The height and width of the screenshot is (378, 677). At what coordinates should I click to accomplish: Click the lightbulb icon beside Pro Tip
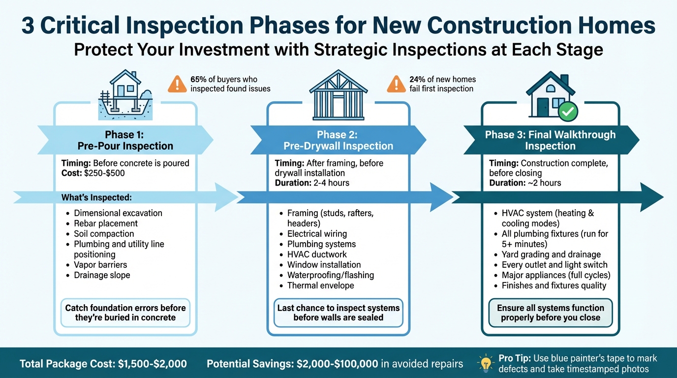[x=486, y=363]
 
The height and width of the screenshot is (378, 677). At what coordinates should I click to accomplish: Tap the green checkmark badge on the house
[x=569, y=112]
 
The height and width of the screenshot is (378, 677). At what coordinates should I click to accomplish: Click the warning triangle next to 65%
[x=177, y=84]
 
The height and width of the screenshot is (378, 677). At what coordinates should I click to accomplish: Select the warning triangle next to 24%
[x=396, y=84]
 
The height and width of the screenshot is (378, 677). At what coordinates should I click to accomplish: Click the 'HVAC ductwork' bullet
[x=317, y=254]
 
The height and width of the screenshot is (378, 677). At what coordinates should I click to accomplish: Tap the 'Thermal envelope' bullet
[x=320, y=285]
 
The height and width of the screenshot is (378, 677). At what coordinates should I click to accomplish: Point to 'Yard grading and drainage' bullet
[x=551, y=254]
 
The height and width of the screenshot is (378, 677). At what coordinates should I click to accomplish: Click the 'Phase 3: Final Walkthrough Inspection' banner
[x=550, y=140]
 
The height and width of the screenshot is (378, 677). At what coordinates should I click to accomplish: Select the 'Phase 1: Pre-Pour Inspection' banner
[x=125, y=140]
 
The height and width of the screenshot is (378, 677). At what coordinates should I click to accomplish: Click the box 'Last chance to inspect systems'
[x=338, y=313]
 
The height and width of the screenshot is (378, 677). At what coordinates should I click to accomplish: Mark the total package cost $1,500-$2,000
[x=153, y=364]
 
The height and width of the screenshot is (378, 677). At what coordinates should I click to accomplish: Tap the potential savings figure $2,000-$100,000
[x=329, y=364]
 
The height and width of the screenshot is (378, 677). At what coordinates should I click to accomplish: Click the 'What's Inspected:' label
[x=96, y=197]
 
